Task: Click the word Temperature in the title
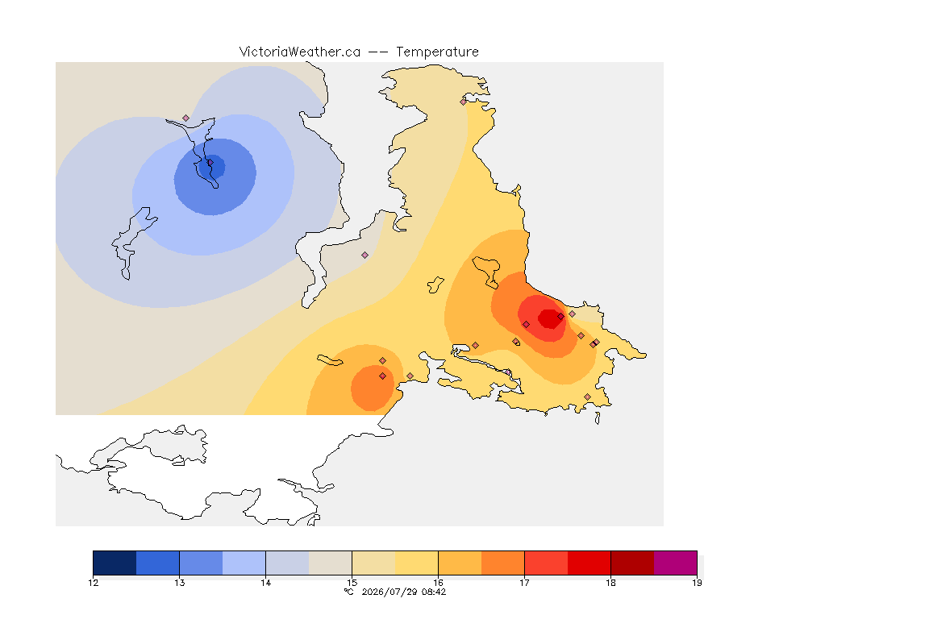437,52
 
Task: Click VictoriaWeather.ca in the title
300,52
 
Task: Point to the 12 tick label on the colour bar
93,583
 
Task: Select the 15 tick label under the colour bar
352,583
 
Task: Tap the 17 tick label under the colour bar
524,583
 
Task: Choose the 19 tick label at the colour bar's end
697,583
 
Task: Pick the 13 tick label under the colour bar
180,583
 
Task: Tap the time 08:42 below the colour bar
434,592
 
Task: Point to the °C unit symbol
349,592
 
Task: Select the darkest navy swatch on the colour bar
115,563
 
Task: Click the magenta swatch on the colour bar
676,563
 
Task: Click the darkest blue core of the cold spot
211,167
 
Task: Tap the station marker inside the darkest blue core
210,162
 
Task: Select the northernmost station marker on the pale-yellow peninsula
464,102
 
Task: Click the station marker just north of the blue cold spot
186,118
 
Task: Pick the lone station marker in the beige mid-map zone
365,255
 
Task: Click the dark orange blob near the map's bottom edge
372,388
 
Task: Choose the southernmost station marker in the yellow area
587,397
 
